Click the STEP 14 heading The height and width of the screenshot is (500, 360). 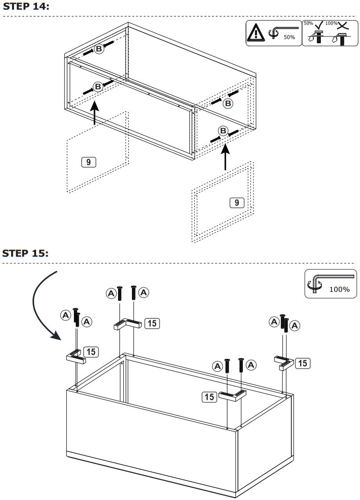(26, 7)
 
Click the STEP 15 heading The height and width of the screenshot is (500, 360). (26, 253)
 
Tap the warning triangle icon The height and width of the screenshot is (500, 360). (256, 33)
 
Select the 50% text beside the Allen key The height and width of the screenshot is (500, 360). (289, 37)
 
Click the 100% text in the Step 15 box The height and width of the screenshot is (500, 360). (340, 289)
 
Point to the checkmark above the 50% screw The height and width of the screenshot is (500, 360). (318, 25)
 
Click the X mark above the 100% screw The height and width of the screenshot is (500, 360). (343, 25)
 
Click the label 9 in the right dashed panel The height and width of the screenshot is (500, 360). (237, 203)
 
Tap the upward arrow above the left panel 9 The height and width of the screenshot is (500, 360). (94, 114)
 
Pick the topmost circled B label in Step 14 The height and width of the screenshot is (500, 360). (98, 49)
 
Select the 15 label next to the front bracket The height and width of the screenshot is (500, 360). (209, 396)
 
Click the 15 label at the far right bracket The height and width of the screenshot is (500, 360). (303, 363)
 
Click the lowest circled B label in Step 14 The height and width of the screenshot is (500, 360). (223, 131)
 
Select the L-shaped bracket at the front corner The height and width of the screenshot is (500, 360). (233, 395)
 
